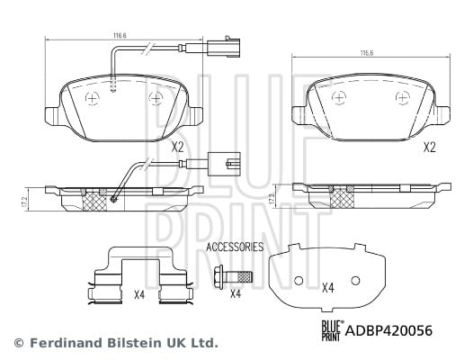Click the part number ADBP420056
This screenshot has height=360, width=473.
(388, 330)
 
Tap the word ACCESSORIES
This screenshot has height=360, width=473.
(235, 247)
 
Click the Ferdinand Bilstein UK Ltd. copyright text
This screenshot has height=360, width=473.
(116, 343)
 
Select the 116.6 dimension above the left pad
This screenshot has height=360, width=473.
(120, 35)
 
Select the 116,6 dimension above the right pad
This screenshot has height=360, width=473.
(367, 53)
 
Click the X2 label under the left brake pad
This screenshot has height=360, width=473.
(177, 148)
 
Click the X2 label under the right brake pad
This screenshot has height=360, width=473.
(430, 148)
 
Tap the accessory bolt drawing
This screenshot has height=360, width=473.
(232, 276)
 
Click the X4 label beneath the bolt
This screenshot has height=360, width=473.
(236, 293)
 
